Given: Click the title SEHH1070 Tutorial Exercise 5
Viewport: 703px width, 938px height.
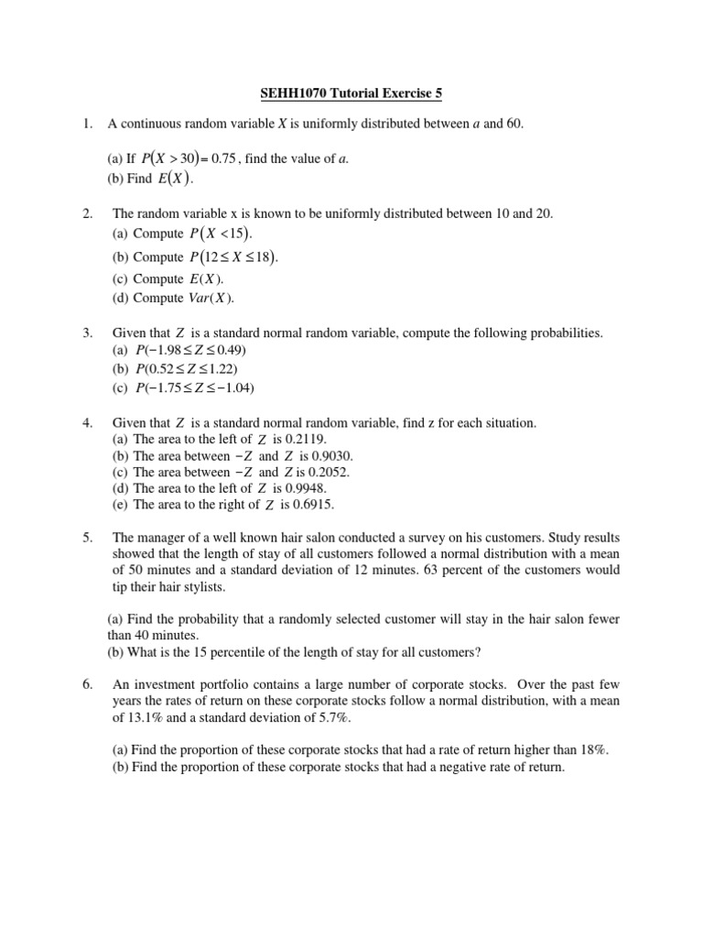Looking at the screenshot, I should coord(351,93).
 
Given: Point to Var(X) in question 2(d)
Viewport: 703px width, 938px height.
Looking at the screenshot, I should coord(211,298).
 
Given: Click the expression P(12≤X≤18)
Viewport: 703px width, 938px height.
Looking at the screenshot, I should coord(233,257).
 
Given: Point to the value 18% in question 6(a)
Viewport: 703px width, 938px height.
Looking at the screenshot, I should coord(592,750).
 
